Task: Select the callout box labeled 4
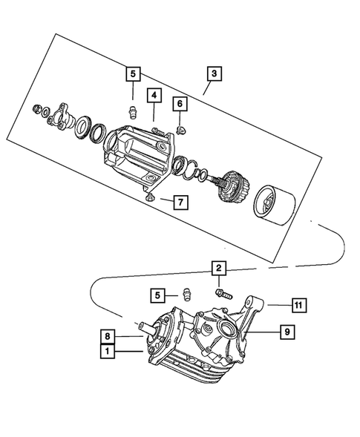pos(153,95)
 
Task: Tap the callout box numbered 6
pos(180,102)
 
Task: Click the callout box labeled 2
pos(218,269)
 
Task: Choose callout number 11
pos(298,304)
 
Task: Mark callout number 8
pos(108,335)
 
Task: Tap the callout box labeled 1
pos(108,353)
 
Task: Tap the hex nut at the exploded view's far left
pos(36,111)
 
